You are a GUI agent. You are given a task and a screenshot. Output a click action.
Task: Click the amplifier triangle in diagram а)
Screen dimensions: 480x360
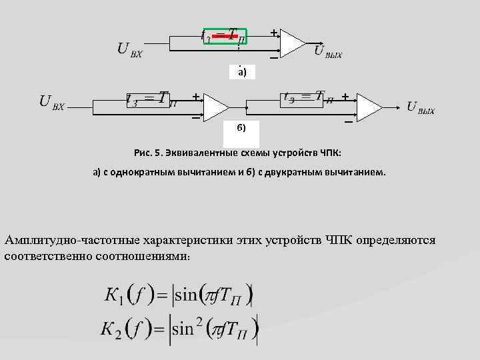tap(291, 44)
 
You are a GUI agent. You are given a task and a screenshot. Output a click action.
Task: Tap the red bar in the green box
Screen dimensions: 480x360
tap(225, 35)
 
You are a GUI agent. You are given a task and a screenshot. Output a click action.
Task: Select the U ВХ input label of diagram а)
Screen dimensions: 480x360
tap(129, 49)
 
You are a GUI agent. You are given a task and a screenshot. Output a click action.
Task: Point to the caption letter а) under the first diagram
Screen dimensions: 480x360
tap(241, 73)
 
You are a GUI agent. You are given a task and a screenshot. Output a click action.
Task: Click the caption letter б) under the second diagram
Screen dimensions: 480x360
tap(241, 127)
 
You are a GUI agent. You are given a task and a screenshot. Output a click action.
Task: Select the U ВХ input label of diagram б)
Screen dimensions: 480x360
tap(51, 102)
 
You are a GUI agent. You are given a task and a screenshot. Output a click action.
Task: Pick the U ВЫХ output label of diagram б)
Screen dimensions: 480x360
tap(420, 107)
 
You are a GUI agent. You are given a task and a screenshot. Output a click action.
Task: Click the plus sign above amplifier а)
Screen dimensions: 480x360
tap(273, 32)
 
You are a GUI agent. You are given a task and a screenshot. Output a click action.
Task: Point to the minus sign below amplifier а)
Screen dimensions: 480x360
tap(273, 59)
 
